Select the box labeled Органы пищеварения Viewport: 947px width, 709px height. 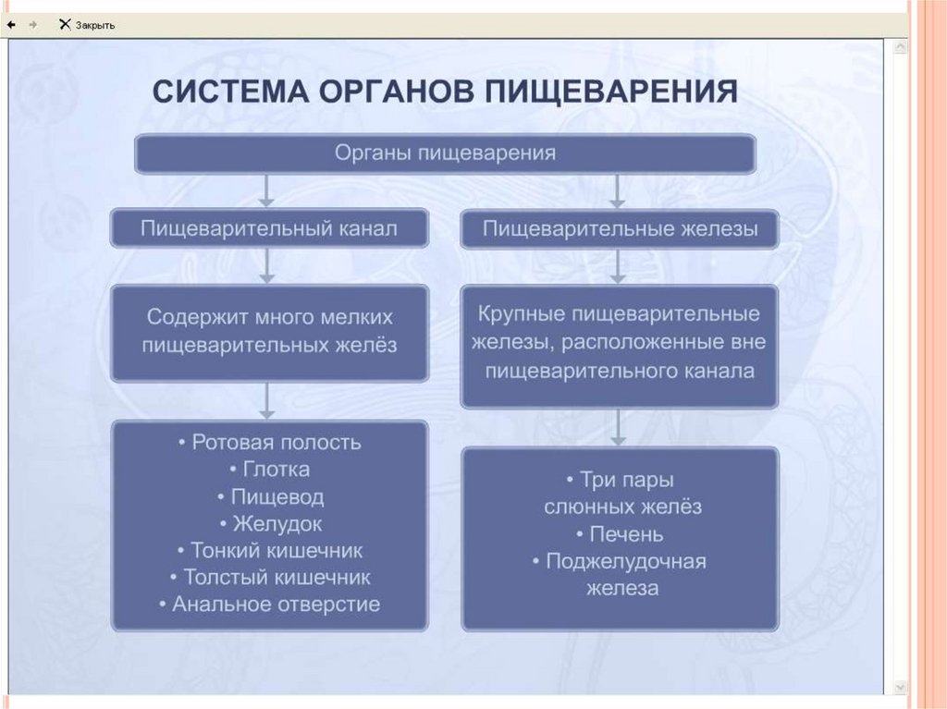[x=445, y=153]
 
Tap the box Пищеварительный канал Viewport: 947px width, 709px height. [x=268, y=228]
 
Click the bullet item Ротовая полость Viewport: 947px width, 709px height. [x=269, y=442]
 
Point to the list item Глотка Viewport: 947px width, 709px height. [x=269, y=470]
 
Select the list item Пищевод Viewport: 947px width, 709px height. [x=269, y=496]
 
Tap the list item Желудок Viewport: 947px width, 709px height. [x=269, y=524]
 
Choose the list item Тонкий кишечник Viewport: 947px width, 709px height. [x=269, y=551]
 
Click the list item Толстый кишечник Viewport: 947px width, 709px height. [x=269, y=578]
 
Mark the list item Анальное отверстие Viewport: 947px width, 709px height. [x=269, y=605]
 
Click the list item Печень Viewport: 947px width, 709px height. [x=620, y=534]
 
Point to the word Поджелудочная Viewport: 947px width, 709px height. [x=625, y=561]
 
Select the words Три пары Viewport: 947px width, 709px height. [x=620, y=480]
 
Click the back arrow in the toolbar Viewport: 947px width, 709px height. [x=11, y=25]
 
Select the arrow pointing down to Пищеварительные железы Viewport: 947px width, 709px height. [x=618, y=190]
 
